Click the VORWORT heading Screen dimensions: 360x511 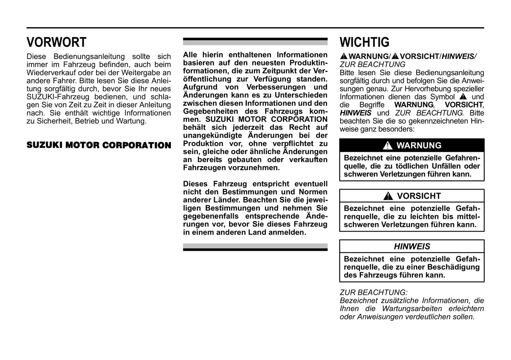pos(56,42)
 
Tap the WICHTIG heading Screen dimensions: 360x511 pos(364,42)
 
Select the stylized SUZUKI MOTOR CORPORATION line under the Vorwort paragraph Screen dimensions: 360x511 pos(99,145)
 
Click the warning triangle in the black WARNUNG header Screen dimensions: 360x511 pos(388,146)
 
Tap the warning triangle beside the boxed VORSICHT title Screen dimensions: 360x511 pos(388,196)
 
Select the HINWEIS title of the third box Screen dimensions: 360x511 pos(412,247)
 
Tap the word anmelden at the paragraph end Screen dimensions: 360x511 pos(288,232)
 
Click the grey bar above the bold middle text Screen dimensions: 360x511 pos(255,43)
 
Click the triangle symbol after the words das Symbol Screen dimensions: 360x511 pos(463,97)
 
